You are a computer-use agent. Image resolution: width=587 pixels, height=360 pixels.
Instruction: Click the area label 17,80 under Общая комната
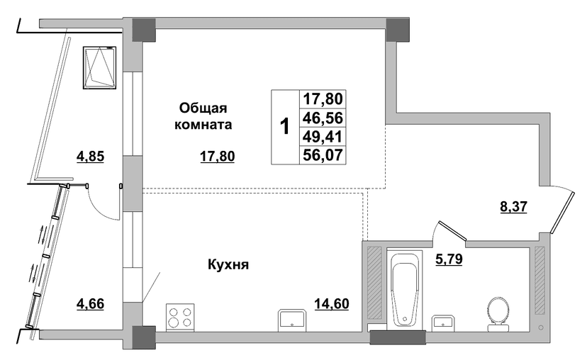pyautogui.click(x=218, y=157)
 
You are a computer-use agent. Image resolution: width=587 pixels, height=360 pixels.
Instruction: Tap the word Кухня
pyautogui.click(x=228, y=265)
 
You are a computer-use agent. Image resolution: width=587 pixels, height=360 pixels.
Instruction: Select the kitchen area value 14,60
pyautogui.click(x=332, y=303)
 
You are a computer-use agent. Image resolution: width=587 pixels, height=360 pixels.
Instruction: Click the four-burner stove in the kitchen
pyautogui.click(x=180, y=317)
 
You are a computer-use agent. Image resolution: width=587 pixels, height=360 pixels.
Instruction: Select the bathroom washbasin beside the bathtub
pyautogui.click(x=443, y=323)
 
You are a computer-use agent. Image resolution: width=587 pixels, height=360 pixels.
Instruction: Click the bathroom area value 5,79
pyautogui.click(x=449, y=259)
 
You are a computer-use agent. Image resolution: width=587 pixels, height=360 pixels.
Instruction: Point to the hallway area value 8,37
pyautogui.click(x=513, y=206)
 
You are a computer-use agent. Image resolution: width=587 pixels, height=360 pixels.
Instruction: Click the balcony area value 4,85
pyautogui.click(x=90, y=157)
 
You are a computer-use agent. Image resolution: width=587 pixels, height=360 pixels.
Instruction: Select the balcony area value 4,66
pyautogui.click(x=90, y=303)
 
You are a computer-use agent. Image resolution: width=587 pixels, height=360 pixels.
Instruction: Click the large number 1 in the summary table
pyautogui.click(x=285, y=126)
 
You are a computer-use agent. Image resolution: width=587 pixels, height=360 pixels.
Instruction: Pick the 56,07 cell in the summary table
pyautogui.click(x=323, y=154)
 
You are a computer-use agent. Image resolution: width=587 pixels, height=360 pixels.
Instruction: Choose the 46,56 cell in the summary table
pyautogui.click(x=323, y=118)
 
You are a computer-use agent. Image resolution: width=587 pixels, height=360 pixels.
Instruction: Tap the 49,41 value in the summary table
pyautogui.click(x=323, y=137)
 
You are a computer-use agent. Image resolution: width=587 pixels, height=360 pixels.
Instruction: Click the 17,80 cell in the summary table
pyautogui.click(x=323, y=99)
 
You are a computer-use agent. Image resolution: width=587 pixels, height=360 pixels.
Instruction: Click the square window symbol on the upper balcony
pyautogui.click(x=99, y=68)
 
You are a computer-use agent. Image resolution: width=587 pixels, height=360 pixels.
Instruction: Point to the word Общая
pyautogui.click(x=203, y=108)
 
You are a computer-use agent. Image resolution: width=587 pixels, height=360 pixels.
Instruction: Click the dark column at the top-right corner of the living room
pyautogui.click(x=398, y=30)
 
